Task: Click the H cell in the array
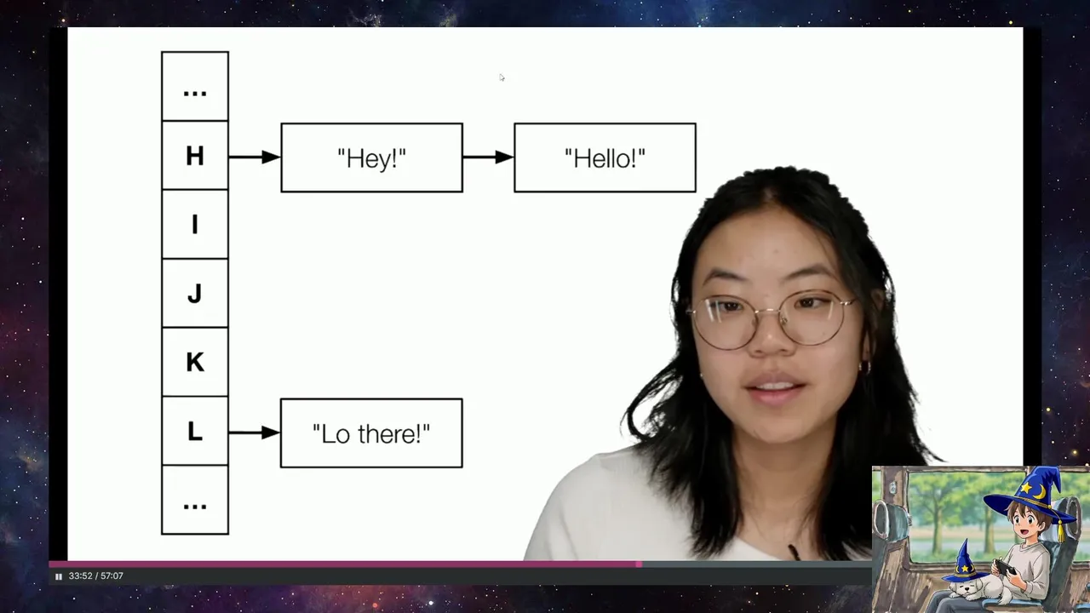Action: pyautogui.click(x=195, y=156)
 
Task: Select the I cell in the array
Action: pyautogui.click(x=195, y=224)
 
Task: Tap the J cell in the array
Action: pyautogui.click(x=195, y=294)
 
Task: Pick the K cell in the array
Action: pyautogui.click(x=195, y=362)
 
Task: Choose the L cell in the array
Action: pyautogui.click(x=195, y=431)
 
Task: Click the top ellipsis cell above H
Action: pyautogui.click(x=195, y=87)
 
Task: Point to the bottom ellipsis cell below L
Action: pyautogui.click(x=195, y=500)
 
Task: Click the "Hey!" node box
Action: pyautogui.click(x=372, y=158)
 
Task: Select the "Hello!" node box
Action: pyautogui.click(x=605, y=158)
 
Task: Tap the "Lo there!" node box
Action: pyautogui.click(x=371, y=433)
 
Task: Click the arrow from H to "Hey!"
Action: pyautogui.click(x=255, y=158)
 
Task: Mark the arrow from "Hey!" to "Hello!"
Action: pyautogui.click(x=489, y=158)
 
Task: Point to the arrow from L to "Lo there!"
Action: pyautogui.click(x=255, y=433)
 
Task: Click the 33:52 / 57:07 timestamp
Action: pyautogui.click(x=96, y=576)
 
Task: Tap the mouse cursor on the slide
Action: pyautogui.click(x=502, y=77)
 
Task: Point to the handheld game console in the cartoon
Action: pyautogui.click(x=1005, y=567)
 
